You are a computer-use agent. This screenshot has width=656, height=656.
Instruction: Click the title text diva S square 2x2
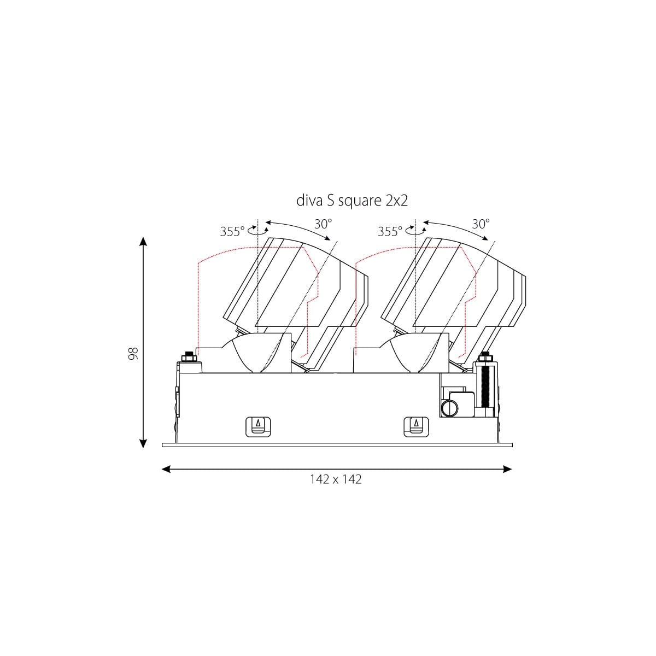coord(352,201)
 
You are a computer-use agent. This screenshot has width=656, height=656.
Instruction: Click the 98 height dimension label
coord(133,353)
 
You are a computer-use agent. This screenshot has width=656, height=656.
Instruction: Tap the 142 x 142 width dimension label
coord(336,479)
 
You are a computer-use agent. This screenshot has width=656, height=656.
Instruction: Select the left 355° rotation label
coord(232,231)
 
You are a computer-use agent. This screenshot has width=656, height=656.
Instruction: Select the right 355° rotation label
coord(390,231)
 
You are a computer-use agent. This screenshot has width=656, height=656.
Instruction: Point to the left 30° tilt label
coord(323,224)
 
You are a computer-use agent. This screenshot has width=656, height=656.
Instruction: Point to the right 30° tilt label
coord(481,224)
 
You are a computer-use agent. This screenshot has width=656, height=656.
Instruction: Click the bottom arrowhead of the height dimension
coord(143,444)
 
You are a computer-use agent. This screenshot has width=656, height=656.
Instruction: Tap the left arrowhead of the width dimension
coord(166,470)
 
